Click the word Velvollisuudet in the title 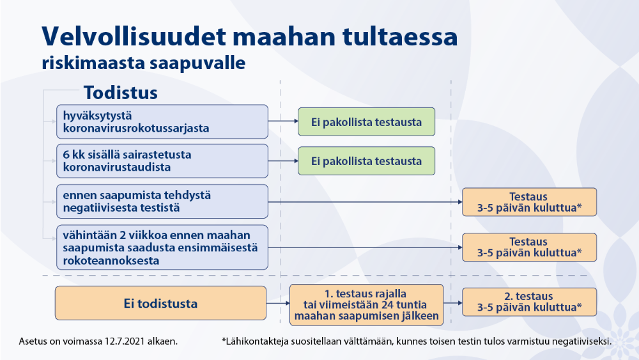click(x=134, y=36)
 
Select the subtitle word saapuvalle click(x=197, y=63)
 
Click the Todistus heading click(x=121, y=93)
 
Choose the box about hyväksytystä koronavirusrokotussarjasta click(x=162, y=121)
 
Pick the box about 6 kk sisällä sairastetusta click(x=162, y=160)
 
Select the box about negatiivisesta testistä click(x=162, y=201)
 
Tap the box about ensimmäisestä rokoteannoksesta click(x=162, y=247)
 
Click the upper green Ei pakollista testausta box click(x=366, y=121)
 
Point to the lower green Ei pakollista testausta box click(x=366, y=161)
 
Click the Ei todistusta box click(x=160, y=303)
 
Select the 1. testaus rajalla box click(x=366, y=304)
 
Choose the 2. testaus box click(x=529, y=302)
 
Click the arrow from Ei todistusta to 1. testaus click(x=278, y=303)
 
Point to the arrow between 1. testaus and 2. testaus click(x=453, y=303)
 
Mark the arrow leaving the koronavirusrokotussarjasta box click(x=283, y=121)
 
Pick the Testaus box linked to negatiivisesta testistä click(x=529, y=202)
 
